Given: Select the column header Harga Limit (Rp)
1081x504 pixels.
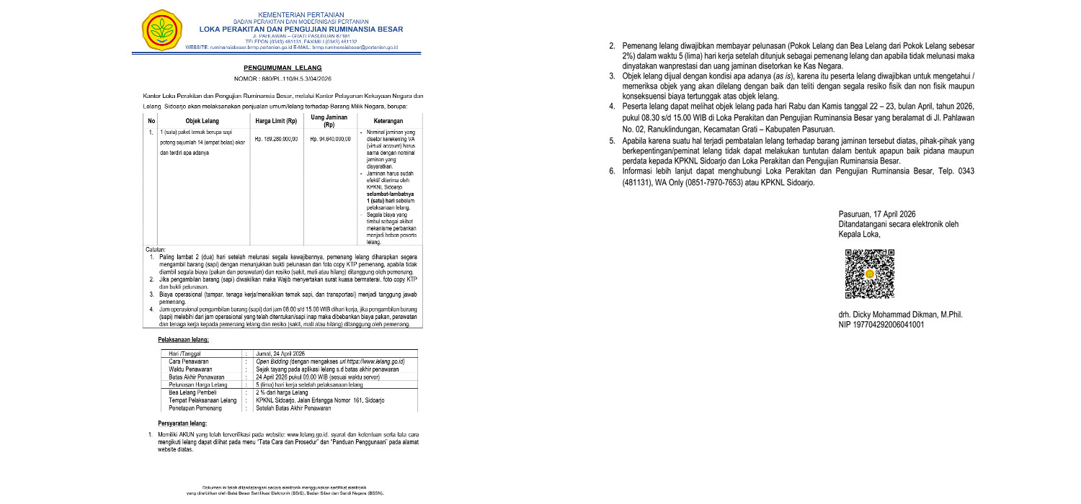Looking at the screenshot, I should click(276, 120).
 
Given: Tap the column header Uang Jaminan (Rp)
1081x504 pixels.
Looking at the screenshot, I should click(329, 120).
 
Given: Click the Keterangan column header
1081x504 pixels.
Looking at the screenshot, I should click(391, 120).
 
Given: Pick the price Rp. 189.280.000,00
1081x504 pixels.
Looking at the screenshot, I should click(276, 138).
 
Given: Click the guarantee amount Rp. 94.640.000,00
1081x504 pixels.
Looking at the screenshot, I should click(329, 138).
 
